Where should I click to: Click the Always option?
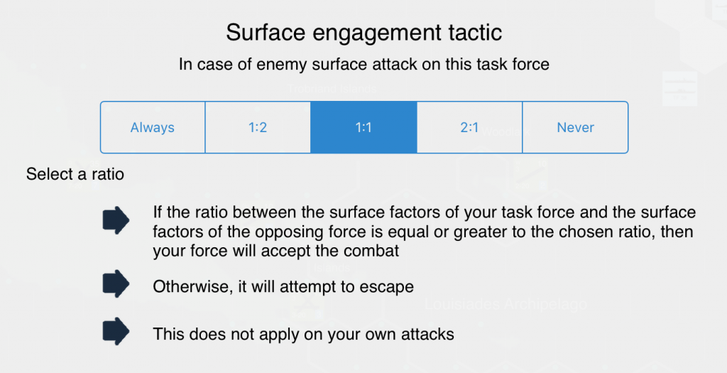click(153, 127)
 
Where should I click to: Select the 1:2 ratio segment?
click(258, 127)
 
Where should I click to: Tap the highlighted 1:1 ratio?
click(363, 127)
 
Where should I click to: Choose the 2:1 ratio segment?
click(469, 127)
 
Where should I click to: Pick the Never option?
click(575, 127)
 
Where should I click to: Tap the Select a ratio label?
click(75, 174)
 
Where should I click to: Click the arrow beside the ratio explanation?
click(116, 220)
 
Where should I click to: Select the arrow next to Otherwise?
click(116, 283)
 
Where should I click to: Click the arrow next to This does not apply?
click(116, 331)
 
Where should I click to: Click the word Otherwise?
click(193, 287)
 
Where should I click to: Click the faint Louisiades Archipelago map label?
click(505, 304)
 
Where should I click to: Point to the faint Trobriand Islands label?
click(332, 89)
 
